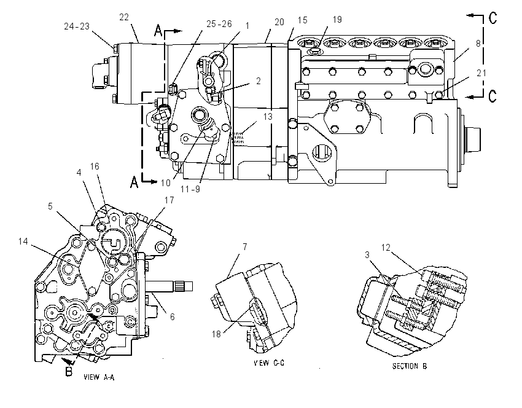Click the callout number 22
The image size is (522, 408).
click(x=124, y=17)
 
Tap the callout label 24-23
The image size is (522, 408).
click(x=77, y=26)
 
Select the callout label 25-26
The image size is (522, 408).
click(x=219, y=24)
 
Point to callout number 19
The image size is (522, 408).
click(x=337, y=20)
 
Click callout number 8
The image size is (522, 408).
click(x=478, y=43)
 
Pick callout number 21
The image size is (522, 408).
click(x=481, y=73)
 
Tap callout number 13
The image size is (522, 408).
click(x=268, y=117)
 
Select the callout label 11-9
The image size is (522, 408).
click(x=190, y=189)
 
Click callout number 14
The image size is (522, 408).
click(x=23, y=241)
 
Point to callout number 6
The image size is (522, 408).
click(x=172, y=316)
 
